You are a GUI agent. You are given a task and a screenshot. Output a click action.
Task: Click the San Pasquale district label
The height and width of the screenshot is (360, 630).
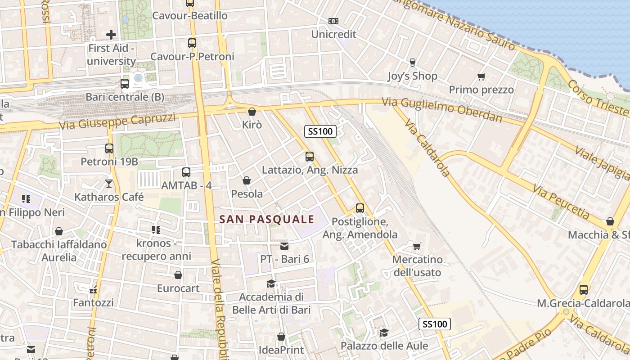(266, 220)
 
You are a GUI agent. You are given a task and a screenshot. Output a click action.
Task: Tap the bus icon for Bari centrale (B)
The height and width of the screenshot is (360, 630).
(125, 84)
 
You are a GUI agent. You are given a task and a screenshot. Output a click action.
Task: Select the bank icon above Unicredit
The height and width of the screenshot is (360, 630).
(333, 21)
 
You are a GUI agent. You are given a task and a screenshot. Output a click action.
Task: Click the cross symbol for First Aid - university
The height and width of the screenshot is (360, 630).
(111, 34)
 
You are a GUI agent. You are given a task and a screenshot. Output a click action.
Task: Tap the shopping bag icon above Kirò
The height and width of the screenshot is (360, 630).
(252, 112)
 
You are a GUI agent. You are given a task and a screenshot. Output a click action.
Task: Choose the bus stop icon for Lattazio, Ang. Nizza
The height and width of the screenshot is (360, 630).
(310, 157)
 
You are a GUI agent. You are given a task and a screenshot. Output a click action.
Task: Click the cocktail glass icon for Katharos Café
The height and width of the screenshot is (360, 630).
(109, 183)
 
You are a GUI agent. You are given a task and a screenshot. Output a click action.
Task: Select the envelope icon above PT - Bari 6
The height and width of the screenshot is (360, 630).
(284, 246)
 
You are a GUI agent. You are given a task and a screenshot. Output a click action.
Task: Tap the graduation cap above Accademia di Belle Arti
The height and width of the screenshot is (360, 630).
(271, 283)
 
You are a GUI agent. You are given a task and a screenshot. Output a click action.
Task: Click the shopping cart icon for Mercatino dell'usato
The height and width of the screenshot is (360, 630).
(417, 246)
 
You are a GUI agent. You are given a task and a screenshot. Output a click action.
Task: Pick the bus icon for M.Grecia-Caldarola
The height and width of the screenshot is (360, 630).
(584, 289)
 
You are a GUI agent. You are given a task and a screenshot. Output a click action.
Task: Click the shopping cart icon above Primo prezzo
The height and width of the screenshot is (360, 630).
(481, 76)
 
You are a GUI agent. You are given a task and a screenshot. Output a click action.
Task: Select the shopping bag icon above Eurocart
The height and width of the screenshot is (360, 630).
(178, 275)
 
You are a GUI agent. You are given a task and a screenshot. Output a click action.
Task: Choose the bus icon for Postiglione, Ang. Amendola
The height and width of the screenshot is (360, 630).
(360, 208)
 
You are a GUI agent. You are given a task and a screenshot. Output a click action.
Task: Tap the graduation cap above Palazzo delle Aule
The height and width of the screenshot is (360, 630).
(384, 333)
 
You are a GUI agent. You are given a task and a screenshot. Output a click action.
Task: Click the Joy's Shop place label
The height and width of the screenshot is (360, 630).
(412, 76)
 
